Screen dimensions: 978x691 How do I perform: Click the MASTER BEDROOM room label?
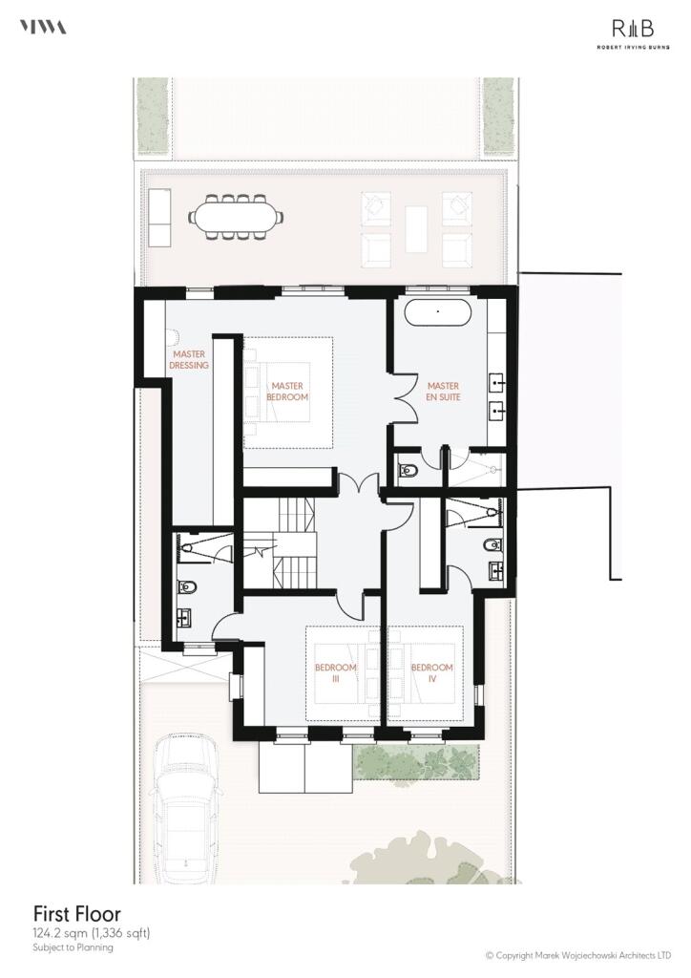(x=288, y=391)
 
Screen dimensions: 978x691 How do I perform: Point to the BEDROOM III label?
(x=336, y=672)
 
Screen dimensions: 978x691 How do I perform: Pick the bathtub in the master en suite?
(x=438, y=312)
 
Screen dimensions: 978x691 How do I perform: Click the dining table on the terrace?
(x=237, y=217)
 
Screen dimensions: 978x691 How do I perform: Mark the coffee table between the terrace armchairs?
(x=416, y=229)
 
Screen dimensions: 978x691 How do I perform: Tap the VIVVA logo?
(x=43, y=27)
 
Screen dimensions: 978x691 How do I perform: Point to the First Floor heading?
(x=64, y=914)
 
